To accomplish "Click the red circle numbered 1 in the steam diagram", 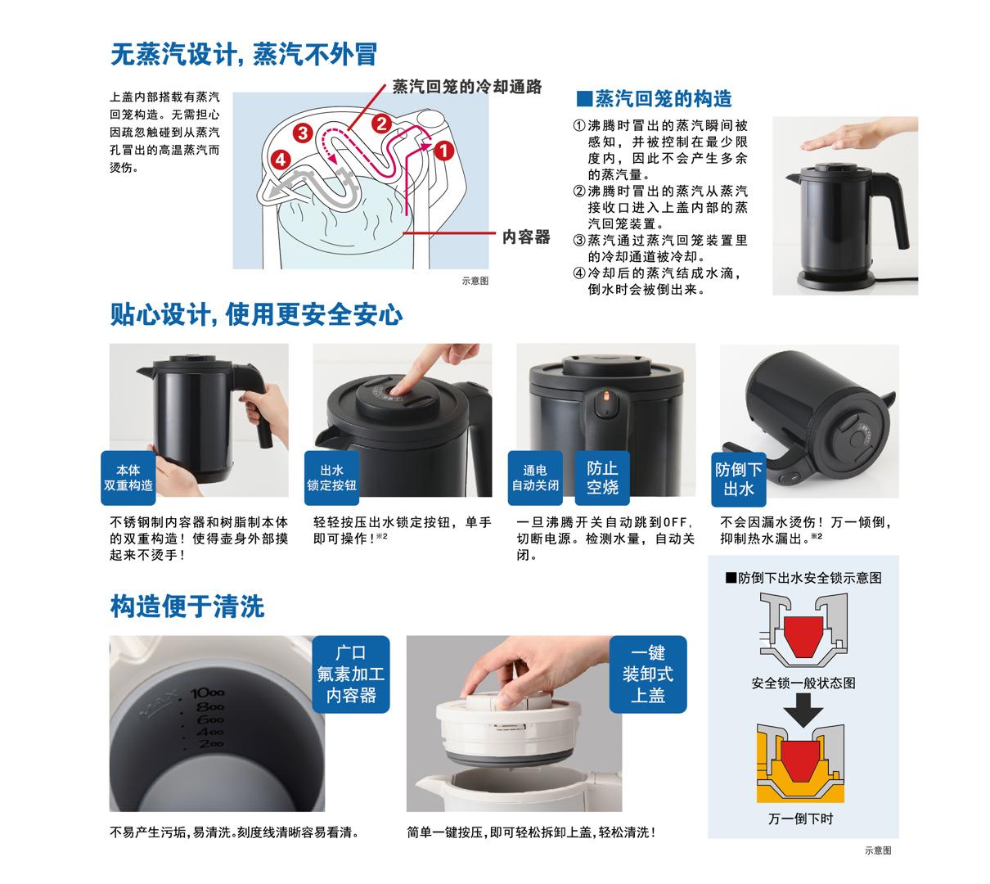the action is click(x=443, y=151).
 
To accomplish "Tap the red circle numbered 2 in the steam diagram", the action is click(x=381, y=124).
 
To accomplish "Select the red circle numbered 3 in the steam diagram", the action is click(x=303, y=133).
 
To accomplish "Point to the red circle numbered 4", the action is click(x=280, y=160).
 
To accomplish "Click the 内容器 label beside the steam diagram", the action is click(x=526, y=237).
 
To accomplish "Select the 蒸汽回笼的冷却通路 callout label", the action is click(x=466, y=87).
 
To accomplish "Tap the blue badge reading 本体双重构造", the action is click(x=128, y=478).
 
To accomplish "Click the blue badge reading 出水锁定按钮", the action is click(x=331, y=478).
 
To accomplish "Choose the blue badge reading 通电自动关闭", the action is click(x=535, y=478).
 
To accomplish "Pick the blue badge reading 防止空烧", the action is click(x=602, y=478).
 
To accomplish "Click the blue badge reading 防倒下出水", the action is click(x=738, y=479).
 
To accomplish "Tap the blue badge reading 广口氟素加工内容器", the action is click(x=351, y=674).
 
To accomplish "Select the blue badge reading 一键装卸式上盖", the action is click(x=648, y=674).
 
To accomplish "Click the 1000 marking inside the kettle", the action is click(x=207, y=692).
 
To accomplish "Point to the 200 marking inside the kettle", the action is click(x=211, y=744).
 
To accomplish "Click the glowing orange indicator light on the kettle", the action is click(x=606, y=395).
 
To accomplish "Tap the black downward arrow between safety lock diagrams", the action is click(x=803, y=710).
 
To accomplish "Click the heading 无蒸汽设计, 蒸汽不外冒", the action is click(x=243, y=54).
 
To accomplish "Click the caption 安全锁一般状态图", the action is click(x=803, y=683).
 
